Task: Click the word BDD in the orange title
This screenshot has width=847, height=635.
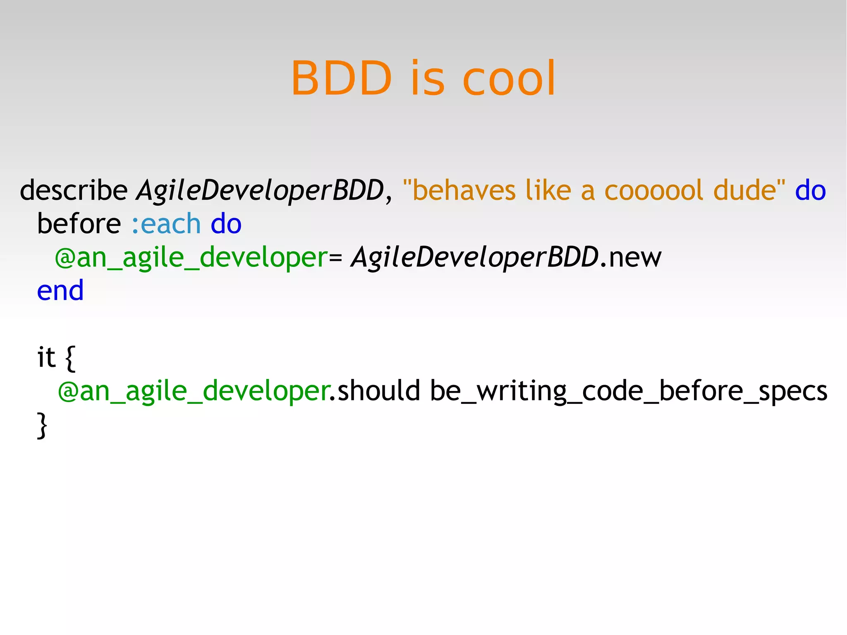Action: click(x=341, y=79)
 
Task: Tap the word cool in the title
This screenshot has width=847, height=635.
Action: click(x=509, y=79)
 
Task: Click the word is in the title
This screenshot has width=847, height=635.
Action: click(x=428, y=79)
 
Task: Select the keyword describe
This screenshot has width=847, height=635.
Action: click(x=74, y=190)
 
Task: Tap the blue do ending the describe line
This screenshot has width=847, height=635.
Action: click(x=810, y=190)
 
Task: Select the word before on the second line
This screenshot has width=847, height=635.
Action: click(x=79, y=224)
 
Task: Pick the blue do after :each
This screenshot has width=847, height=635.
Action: click(x=226, y=224)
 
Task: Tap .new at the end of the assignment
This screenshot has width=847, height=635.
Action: click(x=630, y=257)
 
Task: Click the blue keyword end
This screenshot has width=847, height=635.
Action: click(x=60, y=290)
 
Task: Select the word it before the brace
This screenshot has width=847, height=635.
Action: click(x=46, y=357)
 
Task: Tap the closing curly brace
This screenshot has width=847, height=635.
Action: click(x=42, y=425)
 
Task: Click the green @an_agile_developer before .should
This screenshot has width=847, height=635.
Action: click(x=194, y=391)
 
